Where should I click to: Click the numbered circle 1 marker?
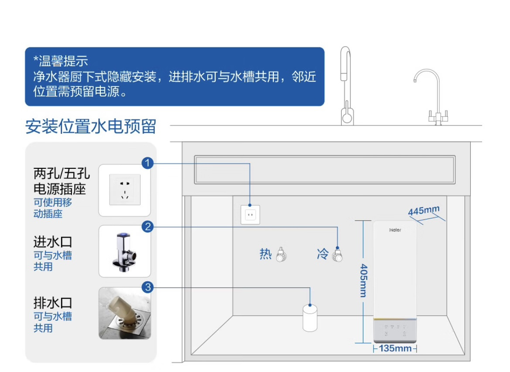coord(147,164)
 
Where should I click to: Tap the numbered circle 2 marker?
coord(147,226)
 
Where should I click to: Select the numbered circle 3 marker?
coord(147,287)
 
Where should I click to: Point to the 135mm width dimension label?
coord(395,348)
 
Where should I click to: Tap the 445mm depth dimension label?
coord(424,210)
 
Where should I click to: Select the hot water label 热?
coord(266,254)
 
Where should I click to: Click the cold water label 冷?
coord(322,254)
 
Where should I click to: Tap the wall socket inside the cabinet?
coord(250,215)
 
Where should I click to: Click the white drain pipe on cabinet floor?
coord(310,318)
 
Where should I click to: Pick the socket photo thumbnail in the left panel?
coord(125,190)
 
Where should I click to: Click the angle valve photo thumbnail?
coord(125,251)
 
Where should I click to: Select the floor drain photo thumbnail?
coord(125,313)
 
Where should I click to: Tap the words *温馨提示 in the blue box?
coord(61,61)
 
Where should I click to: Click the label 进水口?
coord(52,241)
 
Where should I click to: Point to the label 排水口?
coord(52,303)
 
